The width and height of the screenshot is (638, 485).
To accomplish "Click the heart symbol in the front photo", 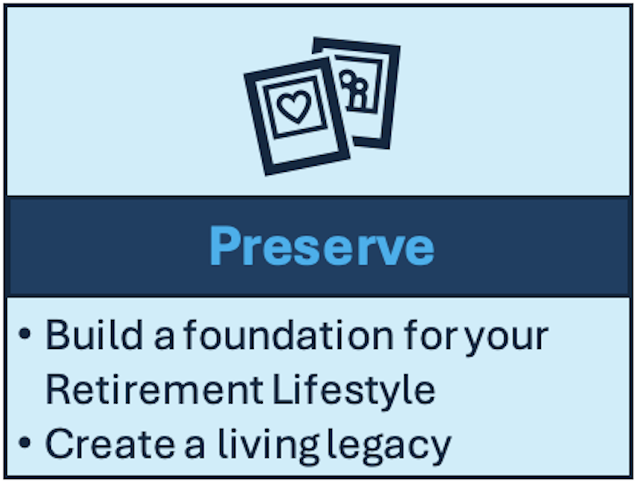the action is click(x=294, y=106).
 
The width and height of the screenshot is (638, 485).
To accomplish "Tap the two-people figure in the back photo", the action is click(x=355, y=90).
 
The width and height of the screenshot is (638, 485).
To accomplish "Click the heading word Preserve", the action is click(x=322, y=247).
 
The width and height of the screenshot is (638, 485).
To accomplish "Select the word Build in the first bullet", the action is click(x=94, y=335).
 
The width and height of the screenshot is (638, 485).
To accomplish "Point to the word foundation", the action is click(x=289, y=335).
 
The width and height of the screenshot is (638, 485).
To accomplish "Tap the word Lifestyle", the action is click(x=354, y=391).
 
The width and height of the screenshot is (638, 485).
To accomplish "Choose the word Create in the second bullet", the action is click(x=110, y=444).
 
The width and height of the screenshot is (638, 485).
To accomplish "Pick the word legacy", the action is click(x=389, y=446).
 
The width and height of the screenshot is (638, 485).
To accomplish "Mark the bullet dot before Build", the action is click(x=25, y=334).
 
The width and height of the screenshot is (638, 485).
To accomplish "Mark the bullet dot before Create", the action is click(x=25, y=442).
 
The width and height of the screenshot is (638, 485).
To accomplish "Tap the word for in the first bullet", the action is click(x=431, y=335).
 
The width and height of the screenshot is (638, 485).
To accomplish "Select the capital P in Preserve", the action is click(x=225, y=246).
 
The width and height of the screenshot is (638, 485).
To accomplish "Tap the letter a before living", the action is click(x=194, y=449).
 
